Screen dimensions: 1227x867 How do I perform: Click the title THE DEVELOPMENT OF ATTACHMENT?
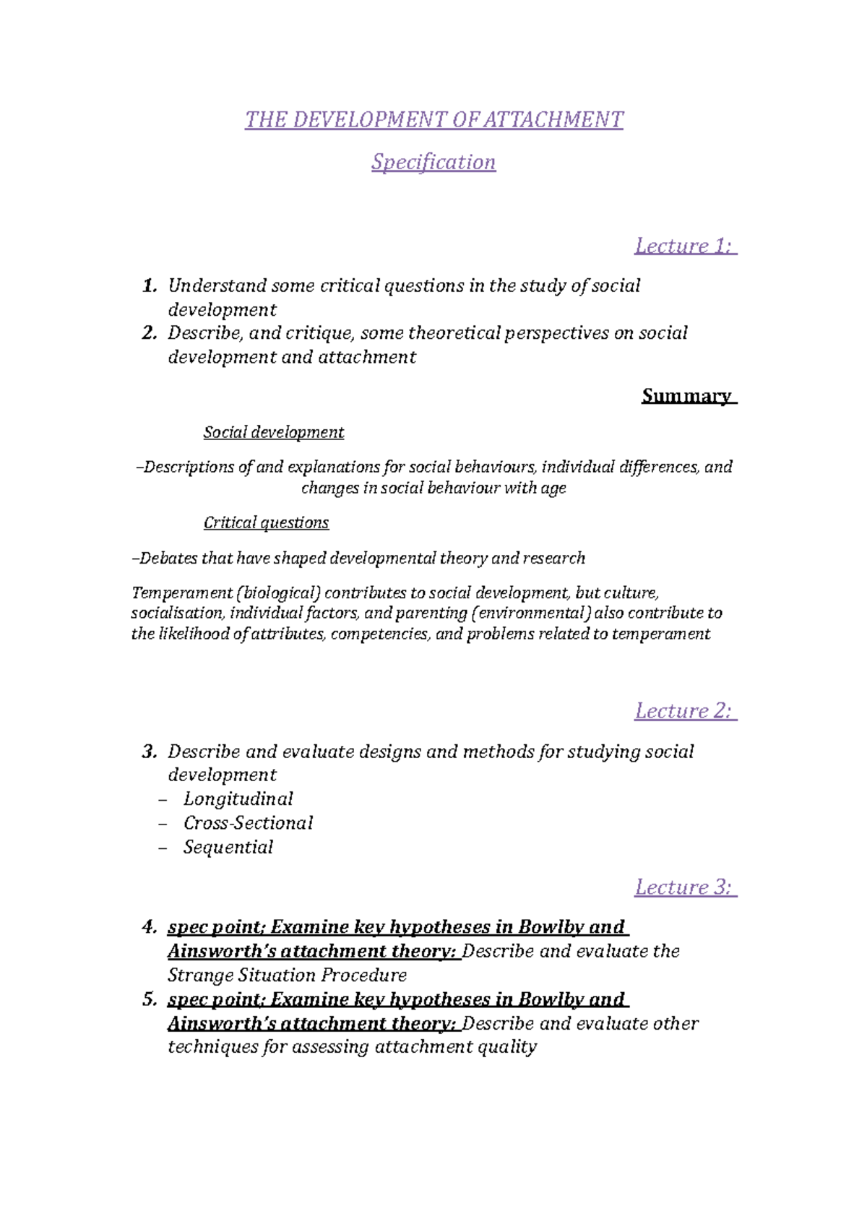coord(433,119)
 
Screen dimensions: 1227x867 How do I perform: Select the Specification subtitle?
coord(433,162)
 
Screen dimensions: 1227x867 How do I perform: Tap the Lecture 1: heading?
coord(684,246)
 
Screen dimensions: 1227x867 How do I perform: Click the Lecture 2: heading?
coord(684,711)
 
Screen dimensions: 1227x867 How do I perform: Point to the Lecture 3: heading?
coord(684,887)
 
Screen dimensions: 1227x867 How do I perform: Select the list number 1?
coord(149,286)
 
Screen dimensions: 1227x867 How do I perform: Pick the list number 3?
coord(149,752)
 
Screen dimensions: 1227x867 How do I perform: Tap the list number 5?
coord(149,1000)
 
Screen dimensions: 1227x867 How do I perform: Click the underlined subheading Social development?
coord(273,432)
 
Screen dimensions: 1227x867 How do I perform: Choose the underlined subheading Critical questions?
coord(266,522)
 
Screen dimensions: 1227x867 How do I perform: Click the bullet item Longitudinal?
coord(238,799)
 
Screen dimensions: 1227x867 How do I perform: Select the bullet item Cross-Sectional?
coord(248,823)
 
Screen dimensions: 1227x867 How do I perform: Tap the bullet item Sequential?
coord(228,847)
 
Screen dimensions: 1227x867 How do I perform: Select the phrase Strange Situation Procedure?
coord(287,976)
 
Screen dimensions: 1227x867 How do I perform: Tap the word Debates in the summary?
coord(168,559)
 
